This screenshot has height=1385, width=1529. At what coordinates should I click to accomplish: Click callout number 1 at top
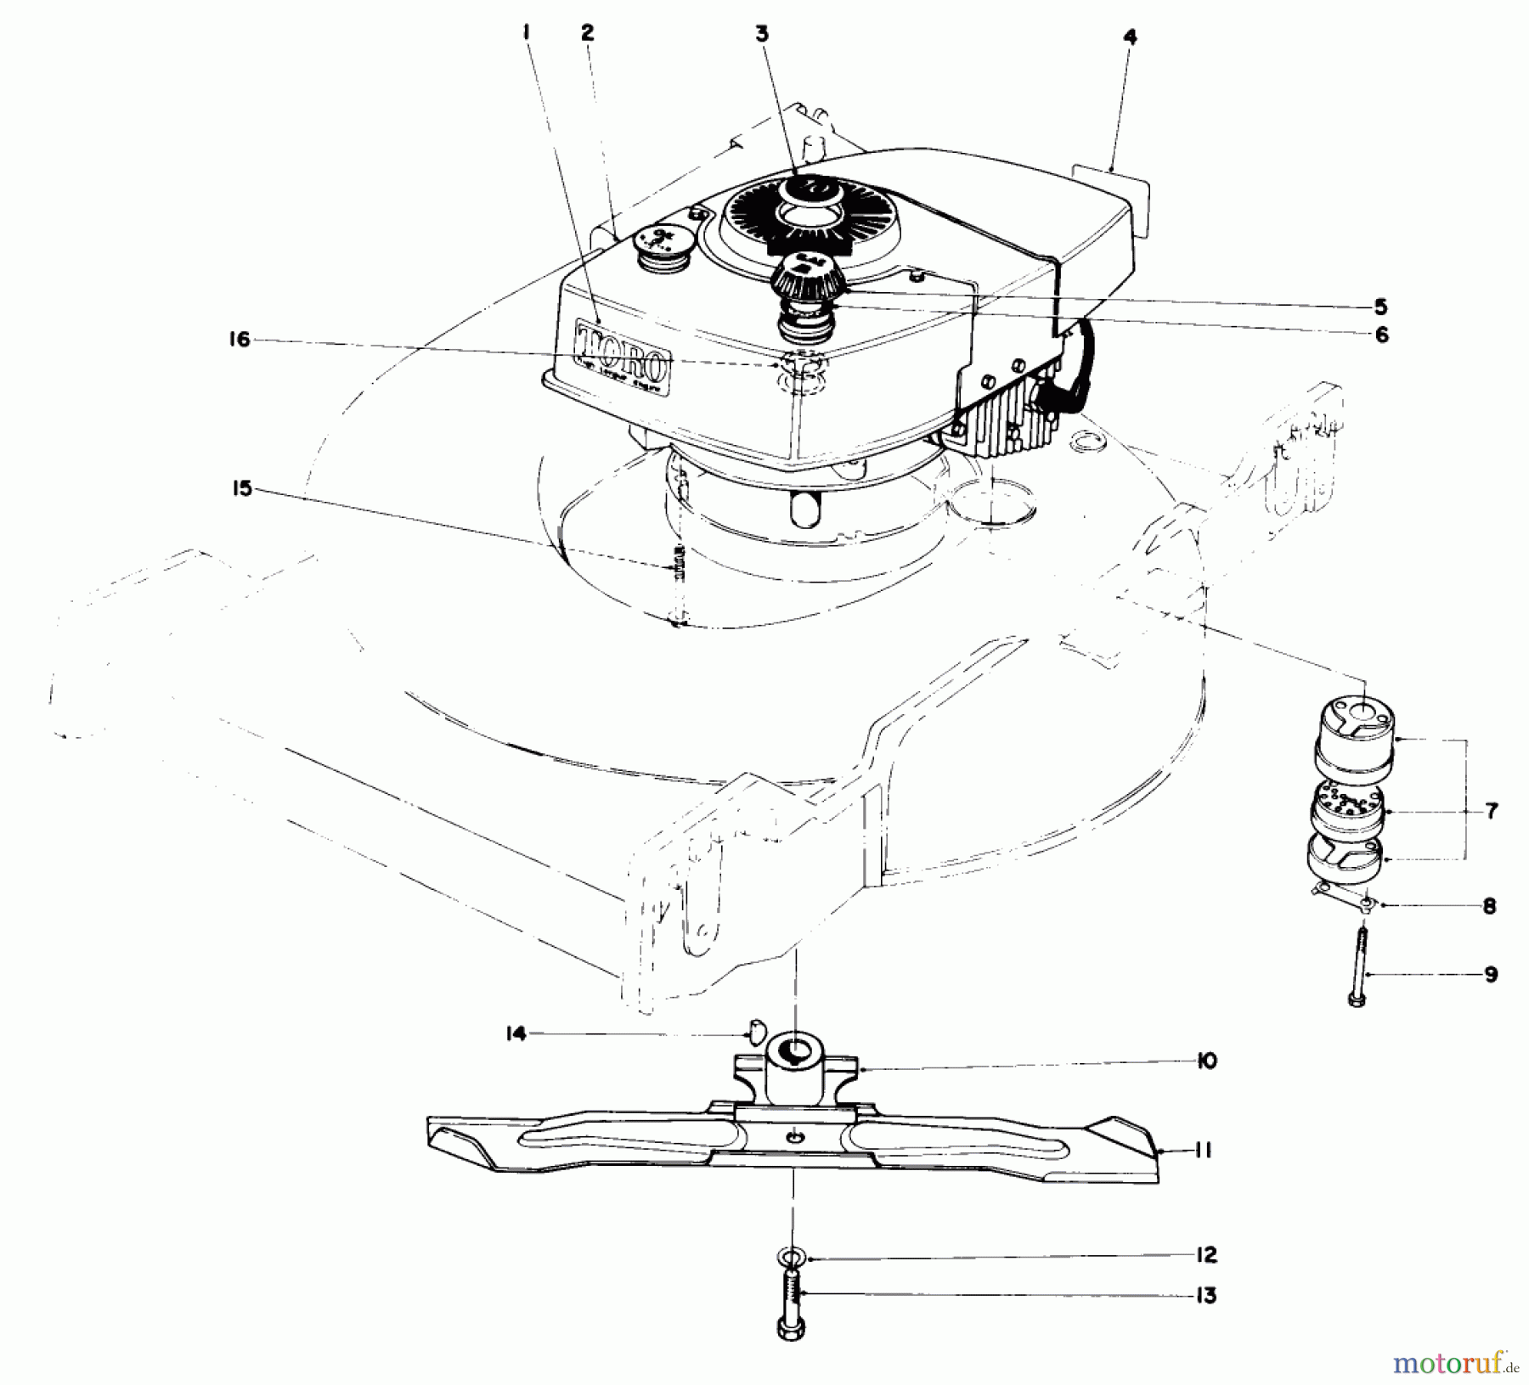pyautogui.click(x=527, y=33)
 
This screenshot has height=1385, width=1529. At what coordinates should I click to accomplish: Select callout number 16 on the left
pyautogui.click(x=240, y=340)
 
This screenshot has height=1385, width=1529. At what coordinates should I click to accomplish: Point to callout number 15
pyautogui.click(x=242, y=488)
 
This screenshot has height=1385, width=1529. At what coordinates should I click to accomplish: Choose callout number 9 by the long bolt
pyautogui.click(x=1491, y=974)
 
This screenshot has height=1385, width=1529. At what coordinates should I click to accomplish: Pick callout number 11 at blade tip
pyautogui.click(x=1202, y=1151)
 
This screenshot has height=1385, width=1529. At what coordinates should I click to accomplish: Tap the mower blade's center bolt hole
pyautogui.click(x=793, y=1137)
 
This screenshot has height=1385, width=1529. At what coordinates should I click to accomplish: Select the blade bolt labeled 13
pyautogui.click(x=790, y=1312)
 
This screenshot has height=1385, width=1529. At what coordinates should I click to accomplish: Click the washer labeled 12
pyautogui.click(x=791, y=1258)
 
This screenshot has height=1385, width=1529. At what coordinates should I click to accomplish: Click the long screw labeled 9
pyautogui.click(x=1357, y=968)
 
